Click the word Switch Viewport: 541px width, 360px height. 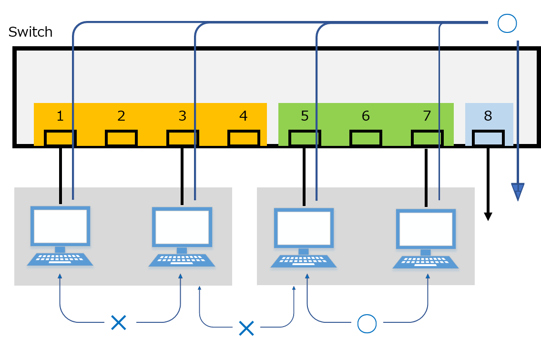[30, 32]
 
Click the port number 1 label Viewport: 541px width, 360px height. [60, 115]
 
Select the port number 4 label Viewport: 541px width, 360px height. [243, 115]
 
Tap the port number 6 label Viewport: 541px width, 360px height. [366, 115]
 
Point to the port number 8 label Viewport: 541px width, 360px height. [488, 115]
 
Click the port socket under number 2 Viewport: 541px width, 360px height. [121, 138]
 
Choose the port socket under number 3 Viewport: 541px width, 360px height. [183, 138]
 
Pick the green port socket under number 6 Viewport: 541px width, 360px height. [366, 138]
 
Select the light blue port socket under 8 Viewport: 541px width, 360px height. [488, 138]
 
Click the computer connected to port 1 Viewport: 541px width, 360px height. [60, 236]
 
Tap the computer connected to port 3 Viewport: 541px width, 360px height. [182, 237]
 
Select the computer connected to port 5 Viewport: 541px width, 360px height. [304, 237]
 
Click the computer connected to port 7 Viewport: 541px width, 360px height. [426, 238]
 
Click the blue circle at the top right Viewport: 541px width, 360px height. [507, 23]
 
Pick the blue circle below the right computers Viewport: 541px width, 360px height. [367, 323]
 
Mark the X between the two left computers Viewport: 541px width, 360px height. [118, 322]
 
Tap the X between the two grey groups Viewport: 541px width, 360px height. [246, 328]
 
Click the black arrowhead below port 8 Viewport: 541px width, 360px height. [488, 216]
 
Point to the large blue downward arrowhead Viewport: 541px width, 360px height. [518, 192]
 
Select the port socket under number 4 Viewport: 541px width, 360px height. [244, 138]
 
